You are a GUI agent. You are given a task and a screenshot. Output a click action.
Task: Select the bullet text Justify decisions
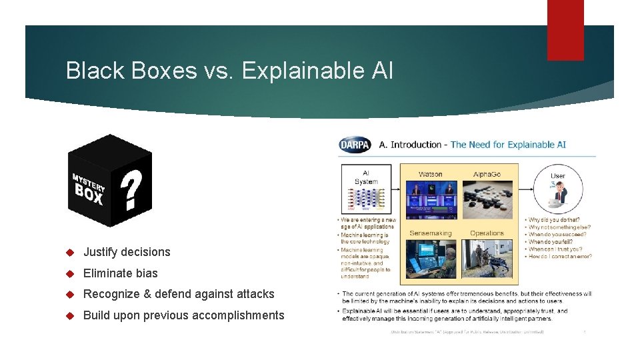click(127, 252)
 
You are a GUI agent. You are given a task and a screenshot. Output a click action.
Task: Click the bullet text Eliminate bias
click(120, 273)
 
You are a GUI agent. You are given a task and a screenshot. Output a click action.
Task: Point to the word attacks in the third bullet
click(257, 294)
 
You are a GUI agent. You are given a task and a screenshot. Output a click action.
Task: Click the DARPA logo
click(355, 144)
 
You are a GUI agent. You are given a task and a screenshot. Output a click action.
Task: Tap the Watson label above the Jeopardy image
click(430, 175)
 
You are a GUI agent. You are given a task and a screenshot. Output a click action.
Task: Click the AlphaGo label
click(487, 175)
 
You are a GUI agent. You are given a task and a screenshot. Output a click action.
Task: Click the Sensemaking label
click(430, 233)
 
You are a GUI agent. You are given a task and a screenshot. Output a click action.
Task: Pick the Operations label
click(487, 233)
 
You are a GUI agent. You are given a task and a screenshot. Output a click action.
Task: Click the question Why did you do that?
click(555, 220)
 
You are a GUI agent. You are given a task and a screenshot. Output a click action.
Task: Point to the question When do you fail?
click(552, 242)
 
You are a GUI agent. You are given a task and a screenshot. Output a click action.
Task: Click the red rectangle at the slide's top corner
click(565, 30)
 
